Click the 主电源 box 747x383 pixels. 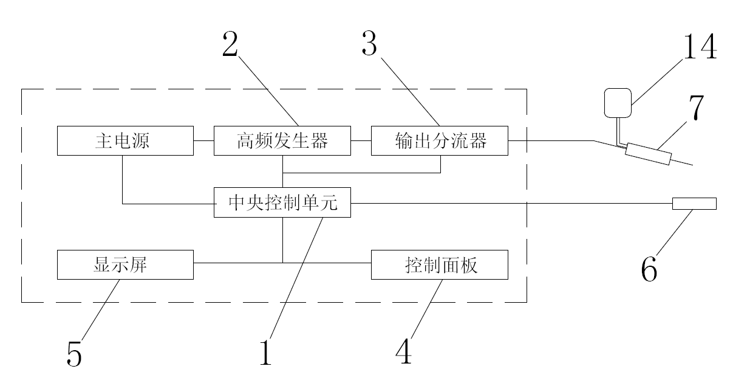(x=125, y=141)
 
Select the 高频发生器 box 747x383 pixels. (x=282, y=141)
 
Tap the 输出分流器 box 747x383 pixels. (x=439, y=141)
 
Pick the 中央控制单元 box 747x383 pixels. (x=282, y=202)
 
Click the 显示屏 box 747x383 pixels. (x=125, y=265)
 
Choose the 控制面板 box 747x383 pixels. (x=439, y=265)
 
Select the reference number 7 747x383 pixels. (x=696, y=109)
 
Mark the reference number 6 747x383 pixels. (x=649, y=269)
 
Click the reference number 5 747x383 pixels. (x=74, y=354)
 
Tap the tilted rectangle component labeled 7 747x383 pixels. (x=648, y=153)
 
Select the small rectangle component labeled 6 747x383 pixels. (x=694, y=203)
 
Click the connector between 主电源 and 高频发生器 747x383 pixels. (x=203, y=141)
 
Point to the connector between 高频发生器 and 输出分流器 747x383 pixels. (x=361, y=141)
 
